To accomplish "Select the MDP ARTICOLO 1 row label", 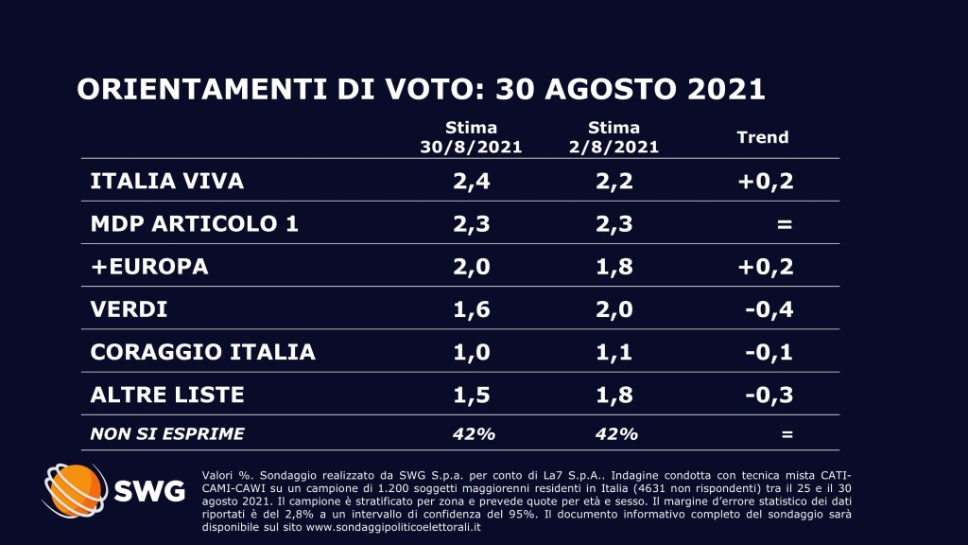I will coord(181,224).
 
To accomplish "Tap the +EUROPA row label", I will coord(148,267).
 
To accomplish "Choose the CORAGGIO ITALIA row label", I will coord(202,352).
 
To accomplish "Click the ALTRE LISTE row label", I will coord(166,395).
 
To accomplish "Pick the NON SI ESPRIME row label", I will coord(167,434).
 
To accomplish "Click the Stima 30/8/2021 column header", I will coord(471,137).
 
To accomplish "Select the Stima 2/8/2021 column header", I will coord(613,137).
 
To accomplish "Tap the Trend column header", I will coord(762,137).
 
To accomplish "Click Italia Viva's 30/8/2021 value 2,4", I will coord(471,181).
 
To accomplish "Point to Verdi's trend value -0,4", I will coord(768,309).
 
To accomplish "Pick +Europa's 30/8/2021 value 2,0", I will coord(471,267).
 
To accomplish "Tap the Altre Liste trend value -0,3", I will coord(768,395).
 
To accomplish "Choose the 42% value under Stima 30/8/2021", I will coord(471,434).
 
